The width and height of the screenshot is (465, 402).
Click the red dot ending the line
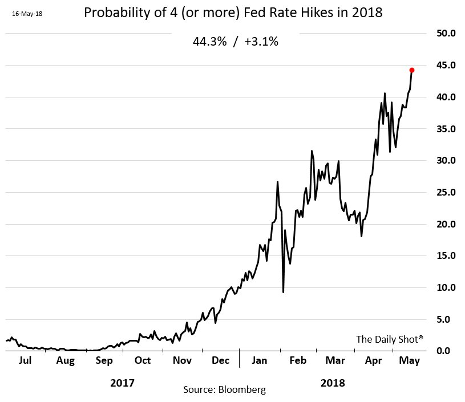coord(412,70)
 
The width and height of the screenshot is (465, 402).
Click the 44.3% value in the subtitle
coord(210,42)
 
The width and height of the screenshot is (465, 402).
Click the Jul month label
coord(25,360)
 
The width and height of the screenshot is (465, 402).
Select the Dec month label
coord(220,360)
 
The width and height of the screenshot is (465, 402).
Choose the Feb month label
coord(298,360)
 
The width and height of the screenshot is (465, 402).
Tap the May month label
coord(409,360)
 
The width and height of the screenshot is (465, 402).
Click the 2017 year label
coord(122,383)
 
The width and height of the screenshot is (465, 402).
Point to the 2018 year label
coord(333,383)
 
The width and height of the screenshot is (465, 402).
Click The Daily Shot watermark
coord(390,339)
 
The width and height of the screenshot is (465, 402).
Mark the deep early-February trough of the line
coord(283,292)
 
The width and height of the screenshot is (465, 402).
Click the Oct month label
coord(143,360)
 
